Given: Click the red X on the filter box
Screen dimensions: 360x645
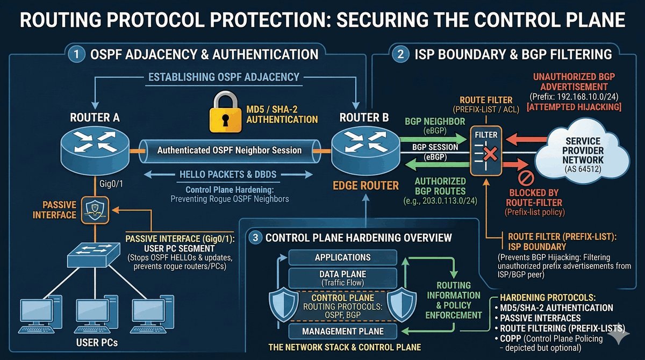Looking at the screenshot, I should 490,155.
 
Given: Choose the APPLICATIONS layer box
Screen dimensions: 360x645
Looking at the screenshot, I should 343,257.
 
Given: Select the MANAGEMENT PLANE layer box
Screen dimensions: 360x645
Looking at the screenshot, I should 342,332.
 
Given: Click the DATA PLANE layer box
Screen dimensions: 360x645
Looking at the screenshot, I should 343,278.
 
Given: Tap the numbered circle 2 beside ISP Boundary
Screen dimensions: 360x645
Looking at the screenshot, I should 401,54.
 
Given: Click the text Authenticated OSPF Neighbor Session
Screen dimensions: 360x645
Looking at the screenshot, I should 229,150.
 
